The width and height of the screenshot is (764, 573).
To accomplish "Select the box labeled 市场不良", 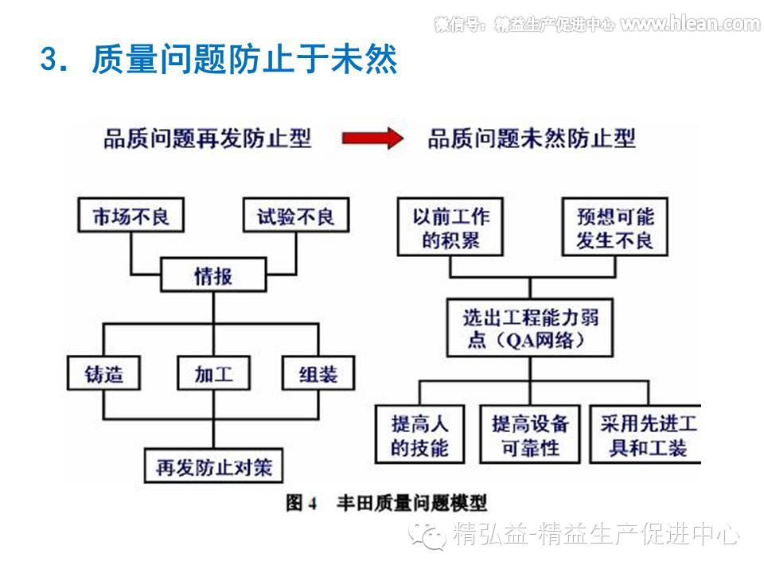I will click(131, 216).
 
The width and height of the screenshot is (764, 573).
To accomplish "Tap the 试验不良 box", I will click(295, 216).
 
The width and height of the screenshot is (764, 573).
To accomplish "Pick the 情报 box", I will click(213, 276).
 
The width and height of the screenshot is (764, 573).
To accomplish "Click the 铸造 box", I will click(104, 374).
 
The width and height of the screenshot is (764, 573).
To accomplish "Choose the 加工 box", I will click(213, 374).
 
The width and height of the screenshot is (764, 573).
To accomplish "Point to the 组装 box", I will click(318, 374).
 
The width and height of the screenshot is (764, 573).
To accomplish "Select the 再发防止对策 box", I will click(213, 466).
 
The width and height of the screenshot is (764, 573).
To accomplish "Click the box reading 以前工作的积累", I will click(451, 228).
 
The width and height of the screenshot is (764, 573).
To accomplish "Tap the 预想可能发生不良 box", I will click(614, 228).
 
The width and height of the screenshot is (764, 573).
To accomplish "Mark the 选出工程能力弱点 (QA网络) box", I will click(531, 329).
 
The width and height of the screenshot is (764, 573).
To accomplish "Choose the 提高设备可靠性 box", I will click(530, 435).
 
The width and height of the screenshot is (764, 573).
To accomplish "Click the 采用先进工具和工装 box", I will click(645, 435).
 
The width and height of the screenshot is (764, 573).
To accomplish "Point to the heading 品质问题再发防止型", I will click(208, 139).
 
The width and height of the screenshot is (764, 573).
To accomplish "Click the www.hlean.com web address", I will click(690, 24).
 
